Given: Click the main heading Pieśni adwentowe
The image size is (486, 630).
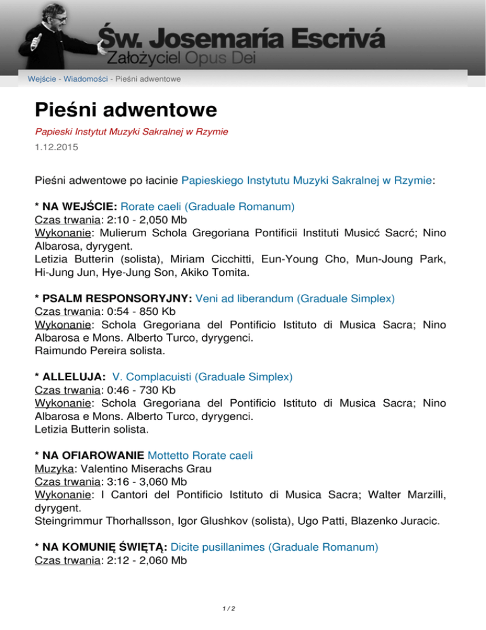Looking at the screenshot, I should point(126,109).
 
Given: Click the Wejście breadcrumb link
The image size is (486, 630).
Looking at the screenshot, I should point(40,79).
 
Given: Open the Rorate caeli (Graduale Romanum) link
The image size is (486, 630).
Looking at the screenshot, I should point(209,206).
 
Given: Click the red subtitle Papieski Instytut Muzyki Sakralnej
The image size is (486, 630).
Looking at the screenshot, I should point(131,131).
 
